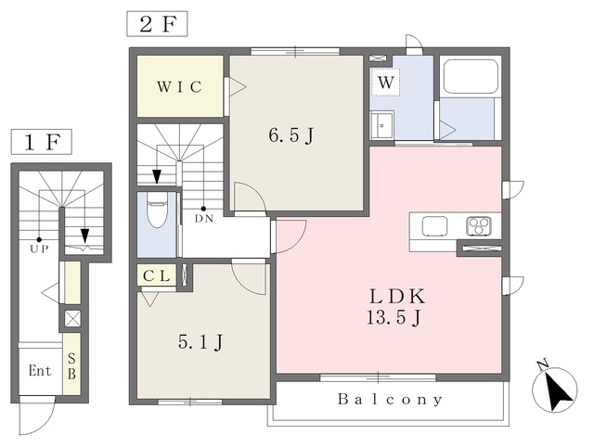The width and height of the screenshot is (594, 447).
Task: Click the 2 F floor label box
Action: point(157,24)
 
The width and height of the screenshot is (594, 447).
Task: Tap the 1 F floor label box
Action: point(41,142)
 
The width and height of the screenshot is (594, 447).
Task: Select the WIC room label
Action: point(179,87)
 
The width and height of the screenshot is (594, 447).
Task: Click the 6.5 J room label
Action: point(291,135)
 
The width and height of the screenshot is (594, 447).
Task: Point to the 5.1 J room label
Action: point(200,342)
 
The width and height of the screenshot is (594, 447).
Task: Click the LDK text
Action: point(397,297)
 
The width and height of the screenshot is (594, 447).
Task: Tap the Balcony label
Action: point(390,399)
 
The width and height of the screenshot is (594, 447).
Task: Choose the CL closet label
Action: point(157,276)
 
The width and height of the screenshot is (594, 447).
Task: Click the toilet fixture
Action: point(157,211)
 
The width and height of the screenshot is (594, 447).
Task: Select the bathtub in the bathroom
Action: point(471,76)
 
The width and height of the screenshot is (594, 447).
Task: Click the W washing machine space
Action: point(386,83)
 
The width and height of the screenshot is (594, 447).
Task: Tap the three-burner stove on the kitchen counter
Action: point(479,226)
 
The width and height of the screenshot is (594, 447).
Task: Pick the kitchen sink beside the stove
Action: point(434,226)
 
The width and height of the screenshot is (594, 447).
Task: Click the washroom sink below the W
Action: point(381,125)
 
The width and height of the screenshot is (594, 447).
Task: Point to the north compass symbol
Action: point(555,389)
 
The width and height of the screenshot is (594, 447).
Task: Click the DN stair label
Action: point(204,218)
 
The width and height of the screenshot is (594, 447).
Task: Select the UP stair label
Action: point(39,249)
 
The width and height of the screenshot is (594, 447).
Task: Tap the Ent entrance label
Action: point(40,371)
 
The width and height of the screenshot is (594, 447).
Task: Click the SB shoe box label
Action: point(71,366)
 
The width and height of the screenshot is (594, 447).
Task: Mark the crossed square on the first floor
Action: point(72,318)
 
